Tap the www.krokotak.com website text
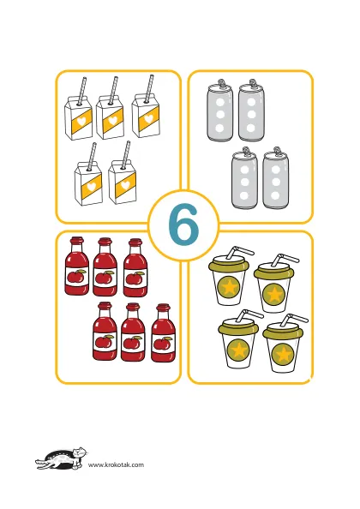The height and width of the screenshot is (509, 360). [x=116, y=464]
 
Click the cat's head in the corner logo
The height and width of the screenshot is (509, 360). [x=80, y=452]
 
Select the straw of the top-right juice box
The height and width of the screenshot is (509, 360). [x=149, y=88]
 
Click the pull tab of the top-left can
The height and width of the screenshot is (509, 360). [x=221, y=82]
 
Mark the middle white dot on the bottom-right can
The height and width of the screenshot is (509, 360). [x=276, y=182]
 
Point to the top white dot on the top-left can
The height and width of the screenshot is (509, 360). [x=220, y=103]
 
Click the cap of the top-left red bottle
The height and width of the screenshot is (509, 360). [x=77, y=241]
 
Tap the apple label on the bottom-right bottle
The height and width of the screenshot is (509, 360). [x=162, y=344]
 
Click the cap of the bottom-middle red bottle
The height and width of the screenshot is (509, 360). [x=133, y=307]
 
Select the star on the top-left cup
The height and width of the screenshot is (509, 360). [x=229, y=286]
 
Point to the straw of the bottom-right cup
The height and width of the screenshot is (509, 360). [x=293, y=320]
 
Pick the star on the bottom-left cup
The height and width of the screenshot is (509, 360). [x=238, y=350]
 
